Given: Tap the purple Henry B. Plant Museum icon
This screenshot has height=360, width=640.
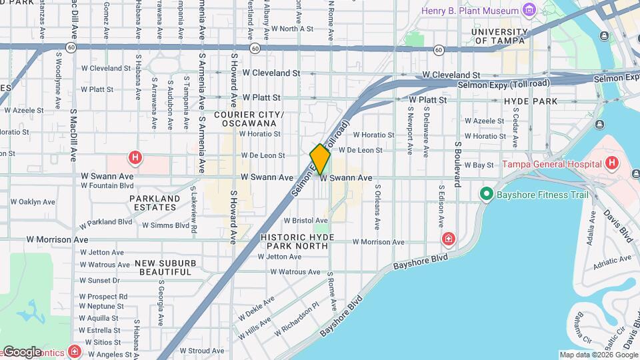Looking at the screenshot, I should tap(529, 11).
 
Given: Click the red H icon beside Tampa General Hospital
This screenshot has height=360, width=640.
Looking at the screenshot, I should tap(612, 164).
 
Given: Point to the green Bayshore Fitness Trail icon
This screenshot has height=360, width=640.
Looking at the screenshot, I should tap(486, 195).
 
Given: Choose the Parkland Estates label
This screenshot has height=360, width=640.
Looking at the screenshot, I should tap(155, 203).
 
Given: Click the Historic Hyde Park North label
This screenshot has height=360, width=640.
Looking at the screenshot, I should tap(295, 241).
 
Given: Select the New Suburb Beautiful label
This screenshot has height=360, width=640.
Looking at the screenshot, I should tap(163, 267).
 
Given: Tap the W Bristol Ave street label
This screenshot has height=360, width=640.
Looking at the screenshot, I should tap(305, 220).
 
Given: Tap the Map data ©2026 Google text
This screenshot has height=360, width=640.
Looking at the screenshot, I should tap(598, 355).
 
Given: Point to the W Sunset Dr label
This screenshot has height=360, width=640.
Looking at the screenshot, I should tap(100, 281).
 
